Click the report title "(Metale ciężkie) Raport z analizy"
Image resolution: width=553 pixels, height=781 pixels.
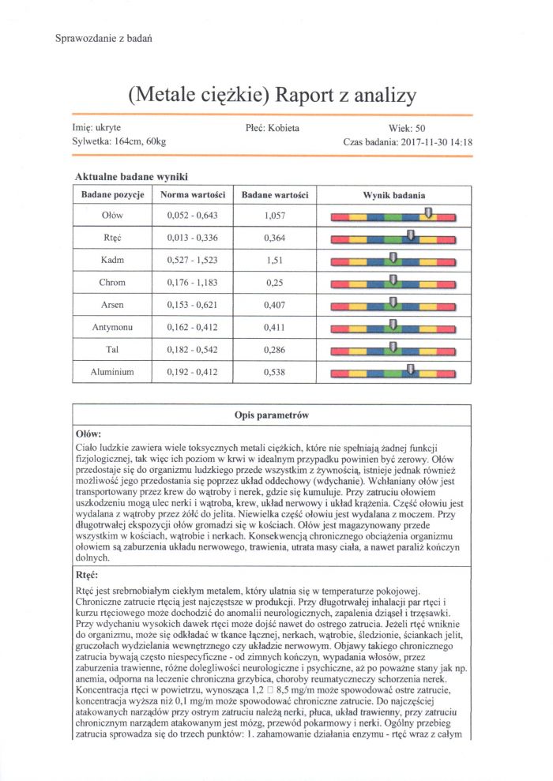click(272, 96)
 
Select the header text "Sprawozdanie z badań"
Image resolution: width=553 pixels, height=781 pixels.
click(103, 38)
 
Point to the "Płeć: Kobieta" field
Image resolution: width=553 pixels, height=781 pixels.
click(273, 127)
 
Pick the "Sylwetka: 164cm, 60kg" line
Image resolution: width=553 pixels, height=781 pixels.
click(118, 143)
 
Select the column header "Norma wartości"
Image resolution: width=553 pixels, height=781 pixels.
click(194, 195)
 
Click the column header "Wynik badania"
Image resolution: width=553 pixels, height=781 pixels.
click(393, 195)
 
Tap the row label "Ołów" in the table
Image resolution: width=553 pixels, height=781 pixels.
click(112, 215)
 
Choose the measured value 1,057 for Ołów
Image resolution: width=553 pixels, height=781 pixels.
click(276, 215)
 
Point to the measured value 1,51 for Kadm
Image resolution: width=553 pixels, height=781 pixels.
click(276, 260)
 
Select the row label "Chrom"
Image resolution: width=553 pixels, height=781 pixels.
click(112, 282)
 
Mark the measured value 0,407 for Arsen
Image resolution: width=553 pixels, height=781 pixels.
click(276, 304)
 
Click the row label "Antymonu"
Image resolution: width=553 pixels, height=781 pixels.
click(112, 327)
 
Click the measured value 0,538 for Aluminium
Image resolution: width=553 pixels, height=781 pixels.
click(276, 371)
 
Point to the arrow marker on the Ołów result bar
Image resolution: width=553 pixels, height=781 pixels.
click(427, 212)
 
